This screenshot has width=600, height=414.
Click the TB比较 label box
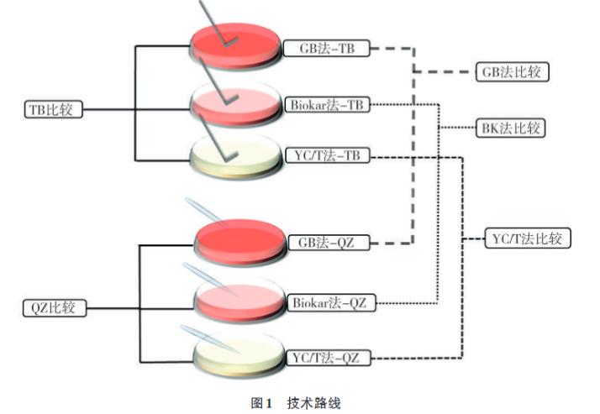tap(54, 108)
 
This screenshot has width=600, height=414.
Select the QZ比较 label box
tap(54, 307)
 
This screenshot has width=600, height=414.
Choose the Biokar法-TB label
tap(327, 104)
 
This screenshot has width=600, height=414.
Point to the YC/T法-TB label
tap(328, 156)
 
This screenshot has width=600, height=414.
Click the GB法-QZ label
tap(327, 244)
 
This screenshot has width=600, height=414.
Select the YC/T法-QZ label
tap(328, 359)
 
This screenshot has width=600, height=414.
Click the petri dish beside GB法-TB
tap(236, 46)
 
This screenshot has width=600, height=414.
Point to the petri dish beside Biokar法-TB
tap(236, 104)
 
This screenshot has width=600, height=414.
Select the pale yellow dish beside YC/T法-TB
tap(236, 155)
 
